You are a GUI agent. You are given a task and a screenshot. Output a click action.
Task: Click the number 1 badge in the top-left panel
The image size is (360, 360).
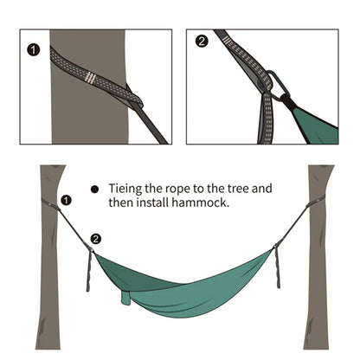[x=34, y=50]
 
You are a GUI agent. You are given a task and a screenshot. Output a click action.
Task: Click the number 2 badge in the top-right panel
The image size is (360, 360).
[x=202, y=42]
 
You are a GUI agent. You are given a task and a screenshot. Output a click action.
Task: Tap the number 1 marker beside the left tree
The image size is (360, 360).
[x=67, y=200]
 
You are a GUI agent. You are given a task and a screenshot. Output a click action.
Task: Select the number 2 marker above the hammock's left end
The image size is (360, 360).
[x=96, y=239]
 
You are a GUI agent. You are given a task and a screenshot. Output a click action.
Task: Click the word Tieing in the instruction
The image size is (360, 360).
[x=125, y=189]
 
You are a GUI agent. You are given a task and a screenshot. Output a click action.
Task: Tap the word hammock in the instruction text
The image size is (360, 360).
[x=200, y=202]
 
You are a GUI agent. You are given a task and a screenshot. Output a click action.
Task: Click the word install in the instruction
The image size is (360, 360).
[x=152, y=202]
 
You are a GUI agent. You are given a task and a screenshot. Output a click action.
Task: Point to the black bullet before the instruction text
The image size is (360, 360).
[x=94, y=190]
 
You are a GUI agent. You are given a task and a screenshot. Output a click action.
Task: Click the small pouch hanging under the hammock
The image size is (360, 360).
[x=125, y=298]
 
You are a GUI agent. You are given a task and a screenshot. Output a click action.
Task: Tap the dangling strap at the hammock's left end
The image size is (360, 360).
[x=89, y=271]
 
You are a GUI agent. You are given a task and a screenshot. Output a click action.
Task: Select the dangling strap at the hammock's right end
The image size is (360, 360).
[x=277, y=267]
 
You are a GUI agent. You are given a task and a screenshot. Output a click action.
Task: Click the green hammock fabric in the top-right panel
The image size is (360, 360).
[x=314, y=124]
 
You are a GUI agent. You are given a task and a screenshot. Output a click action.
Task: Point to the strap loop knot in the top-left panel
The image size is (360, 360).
[x=133, y=98]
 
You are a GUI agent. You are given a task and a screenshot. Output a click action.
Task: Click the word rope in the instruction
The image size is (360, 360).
[x=177, y=190]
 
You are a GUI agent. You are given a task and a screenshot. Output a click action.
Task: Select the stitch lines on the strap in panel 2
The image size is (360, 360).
[x=228, y=42]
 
